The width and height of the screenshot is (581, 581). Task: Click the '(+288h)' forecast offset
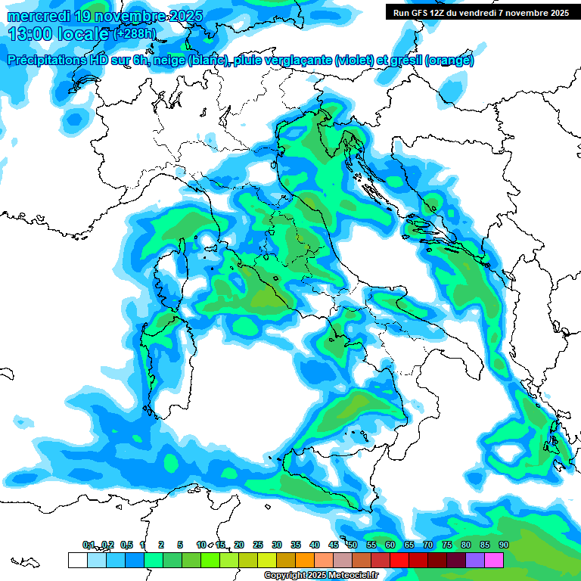pos(136,34)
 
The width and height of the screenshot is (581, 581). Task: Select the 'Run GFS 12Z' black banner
pos(478,12)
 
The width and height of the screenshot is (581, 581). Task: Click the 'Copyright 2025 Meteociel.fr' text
pos(321,576)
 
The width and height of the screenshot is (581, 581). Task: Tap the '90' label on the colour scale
pos(503,545)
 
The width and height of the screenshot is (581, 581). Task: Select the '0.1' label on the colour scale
pos(89,545)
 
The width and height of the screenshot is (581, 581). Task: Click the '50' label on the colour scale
pos(353,545)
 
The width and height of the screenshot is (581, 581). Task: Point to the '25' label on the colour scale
pos(258,545)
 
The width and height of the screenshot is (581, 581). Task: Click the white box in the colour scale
pos(77,560)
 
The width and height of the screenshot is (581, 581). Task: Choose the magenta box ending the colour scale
pos(494,560)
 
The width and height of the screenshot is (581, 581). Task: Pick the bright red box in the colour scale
pos(399,560)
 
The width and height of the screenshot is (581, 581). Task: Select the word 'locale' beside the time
pos(83,34)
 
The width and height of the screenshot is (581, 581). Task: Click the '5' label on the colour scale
pos(180,545)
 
